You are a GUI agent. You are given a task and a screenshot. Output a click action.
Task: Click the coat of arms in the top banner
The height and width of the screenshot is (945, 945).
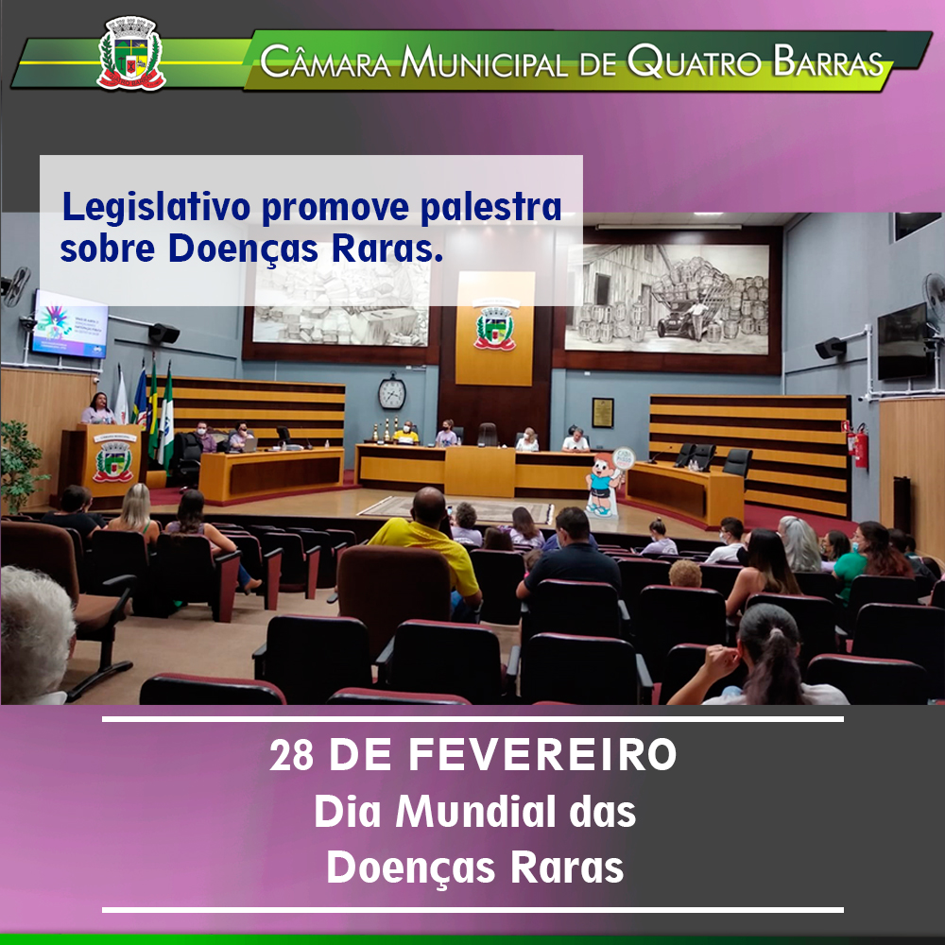(130, 54)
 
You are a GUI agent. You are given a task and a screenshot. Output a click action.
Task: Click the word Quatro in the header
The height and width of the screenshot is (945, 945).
(693, 61)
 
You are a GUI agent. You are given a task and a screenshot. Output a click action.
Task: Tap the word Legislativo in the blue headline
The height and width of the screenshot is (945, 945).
(156, 207)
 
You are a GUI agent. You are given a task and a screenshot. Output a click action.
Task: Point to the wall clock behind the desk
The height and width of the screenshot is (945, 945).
(392, 392)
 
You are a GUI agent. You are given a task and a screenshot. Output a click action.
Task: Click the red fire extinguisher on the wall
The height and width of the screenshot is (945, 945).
(861, 447)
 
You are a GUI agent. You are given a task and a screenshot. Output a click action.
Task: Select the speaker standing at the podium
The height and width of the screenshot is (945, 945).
(99, 409)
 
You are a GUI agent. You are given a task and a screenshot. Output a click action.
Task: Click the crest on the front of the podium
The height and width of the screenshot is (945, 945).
(112, 461)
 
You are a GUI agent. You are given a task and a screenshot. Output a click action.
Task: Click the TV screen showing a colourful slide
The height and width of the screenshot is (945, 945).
(71, 323)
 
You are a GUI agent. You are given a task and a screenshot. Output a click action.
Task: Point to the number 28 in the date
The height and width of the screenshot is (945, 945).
(292, 754)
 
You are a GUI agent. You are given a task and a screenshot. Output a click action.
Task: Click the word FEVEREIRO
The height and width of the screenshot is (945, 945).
(541, 754)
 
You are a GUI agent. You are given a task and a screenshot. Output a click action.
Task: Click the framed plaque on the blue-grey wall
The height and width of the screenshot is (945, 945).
(603, 413)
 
